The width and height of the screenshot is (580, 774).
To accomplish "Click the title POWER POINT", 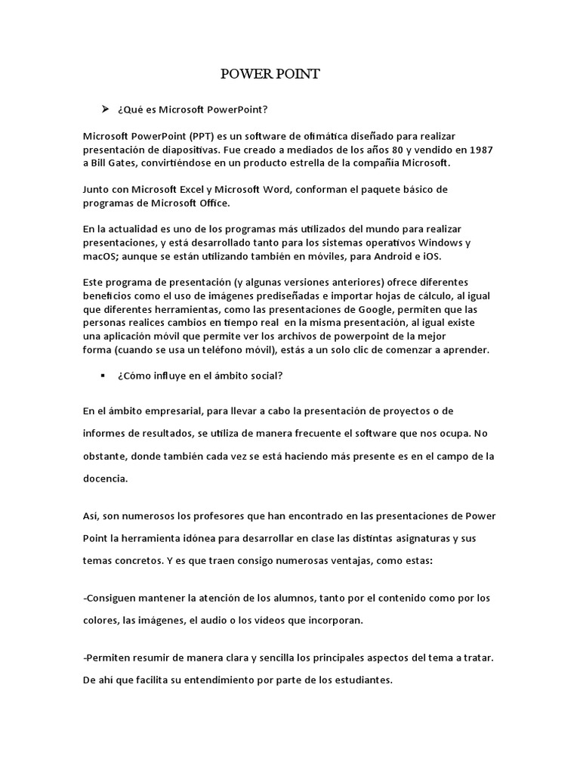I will point(270,73).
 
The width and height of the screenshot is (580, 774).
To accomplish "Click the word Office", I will point(231,202).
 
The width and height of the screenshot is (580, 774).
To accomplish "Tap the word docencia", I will point(105,478).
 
